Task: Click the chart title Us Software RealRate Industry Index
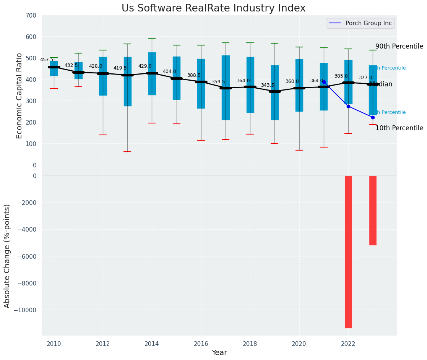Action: point(213,8)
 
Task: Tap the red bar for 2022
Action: point(348,251)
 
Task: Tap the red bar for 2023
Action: point(373,210)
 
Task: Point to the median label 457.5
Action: point(47,60)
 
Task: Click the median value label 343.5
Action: point(268,85)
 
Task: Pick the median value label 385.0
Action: point(341,76)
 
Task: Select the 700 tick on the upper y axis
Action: point(31,16)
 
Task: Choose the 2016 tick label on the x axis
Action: point(201,344)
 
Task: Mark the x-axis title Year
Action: point(219,353)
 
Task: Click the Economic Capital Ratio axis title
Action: point(19,90)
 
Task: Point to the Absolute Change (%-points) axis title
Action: point(7,256)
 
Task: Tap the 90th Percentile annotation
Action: point(399,47)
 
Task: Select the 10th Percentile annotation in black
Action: point(399,128)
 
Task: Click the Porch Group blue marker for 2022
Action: point(348,106)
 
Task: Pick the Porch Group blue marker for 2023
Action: point(373,117)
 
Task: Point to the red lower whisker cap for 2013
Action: point(127,152)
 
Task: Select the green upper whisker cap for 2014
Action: point(152,38)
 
